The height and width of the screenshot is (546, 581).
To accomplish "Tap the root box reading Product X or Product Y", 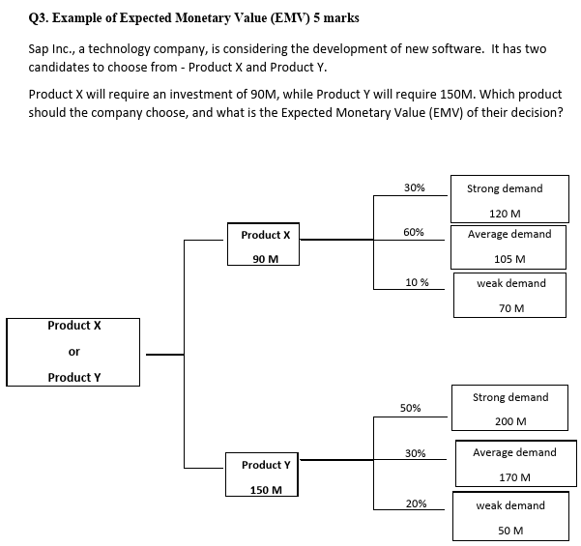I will pos(73,352).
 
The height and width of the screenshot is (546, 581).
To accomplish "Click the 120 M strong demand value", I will pos(505,214).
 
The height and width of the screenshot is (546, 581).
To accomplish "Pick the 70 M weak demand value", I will pos(511,308).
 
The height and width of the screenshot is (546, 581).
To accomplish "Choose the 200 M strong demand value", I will pos(509,421).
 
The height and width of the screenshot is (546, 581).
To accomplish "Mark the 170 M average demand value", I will pos(512,477).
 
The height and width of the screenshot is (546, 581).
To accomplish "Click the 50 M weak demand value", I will pos(510,531).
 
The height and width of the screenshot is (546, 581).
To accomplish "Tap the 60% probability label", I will pos(413,233).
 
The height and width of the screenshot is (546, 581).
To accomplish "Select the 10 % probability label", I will pos(418,281).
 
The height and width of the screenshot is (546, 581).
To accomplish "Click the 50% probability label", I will pos(410,408).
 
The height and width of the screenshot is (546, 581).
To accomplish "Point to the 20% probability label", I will pos(416,503).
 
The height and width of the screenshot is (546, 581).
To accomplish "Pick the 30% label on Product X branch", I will pos(414,187).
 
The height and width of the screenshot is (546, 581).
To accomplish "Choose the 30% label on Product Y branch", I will pos(416,453).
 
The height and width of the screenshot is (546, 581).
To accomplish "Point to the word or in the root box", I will pos(73,351).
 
